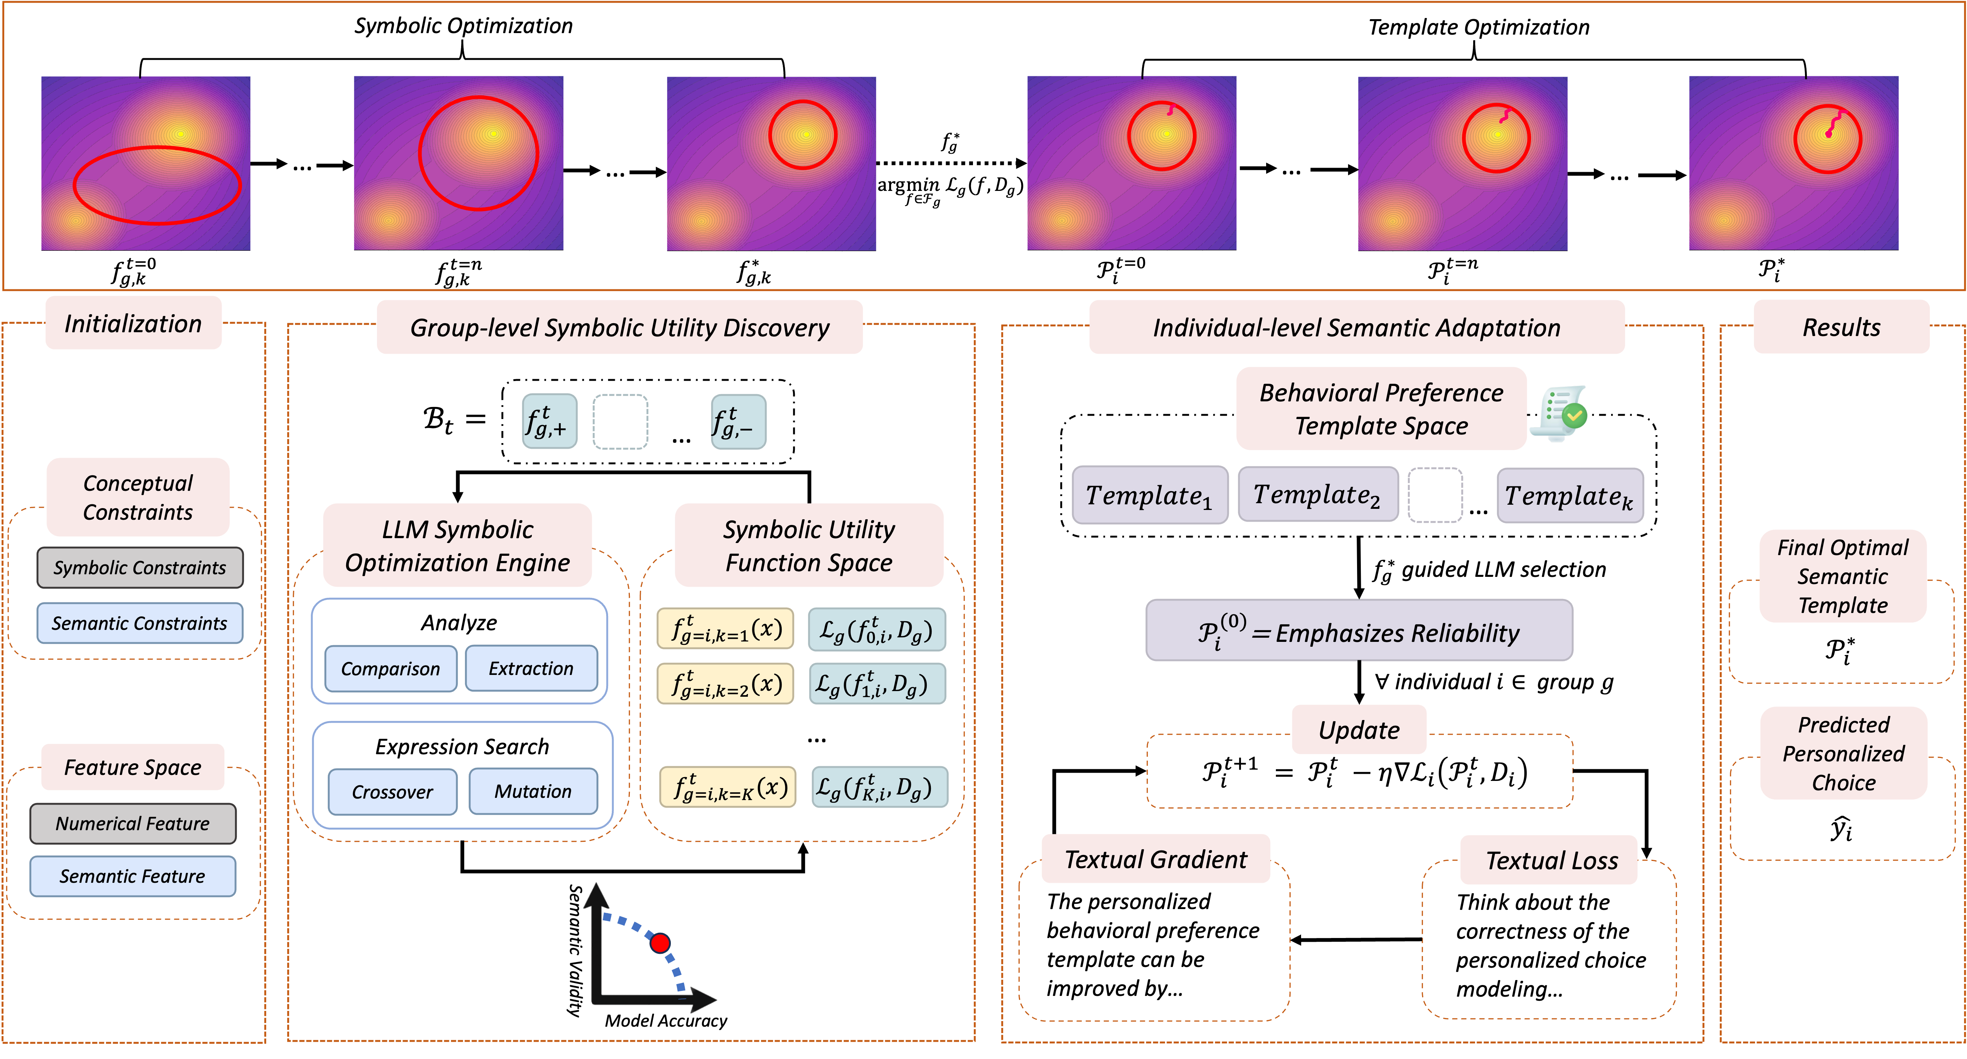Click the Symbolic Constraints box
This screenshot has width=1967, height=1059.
(140, 567)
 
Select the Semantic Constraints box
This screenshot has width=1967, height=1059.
(140, 623)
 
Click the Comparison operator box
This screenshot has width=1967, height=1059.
(390, 669)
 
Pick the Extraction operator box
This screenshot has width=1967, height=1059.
(531, 669)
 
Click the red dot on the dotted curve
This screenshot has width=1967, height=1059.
(660, 943)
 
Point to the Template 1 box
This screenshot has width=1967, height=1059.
(1149, 496)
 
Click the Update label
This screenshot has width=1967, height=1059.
(1359, 730)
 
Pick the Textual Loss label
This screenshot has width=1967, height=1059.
(1551, 861)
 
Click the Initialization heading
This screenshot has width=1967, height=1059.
(133, 324)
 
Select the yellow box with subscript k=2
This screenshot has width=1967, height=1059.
(725, 683)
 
